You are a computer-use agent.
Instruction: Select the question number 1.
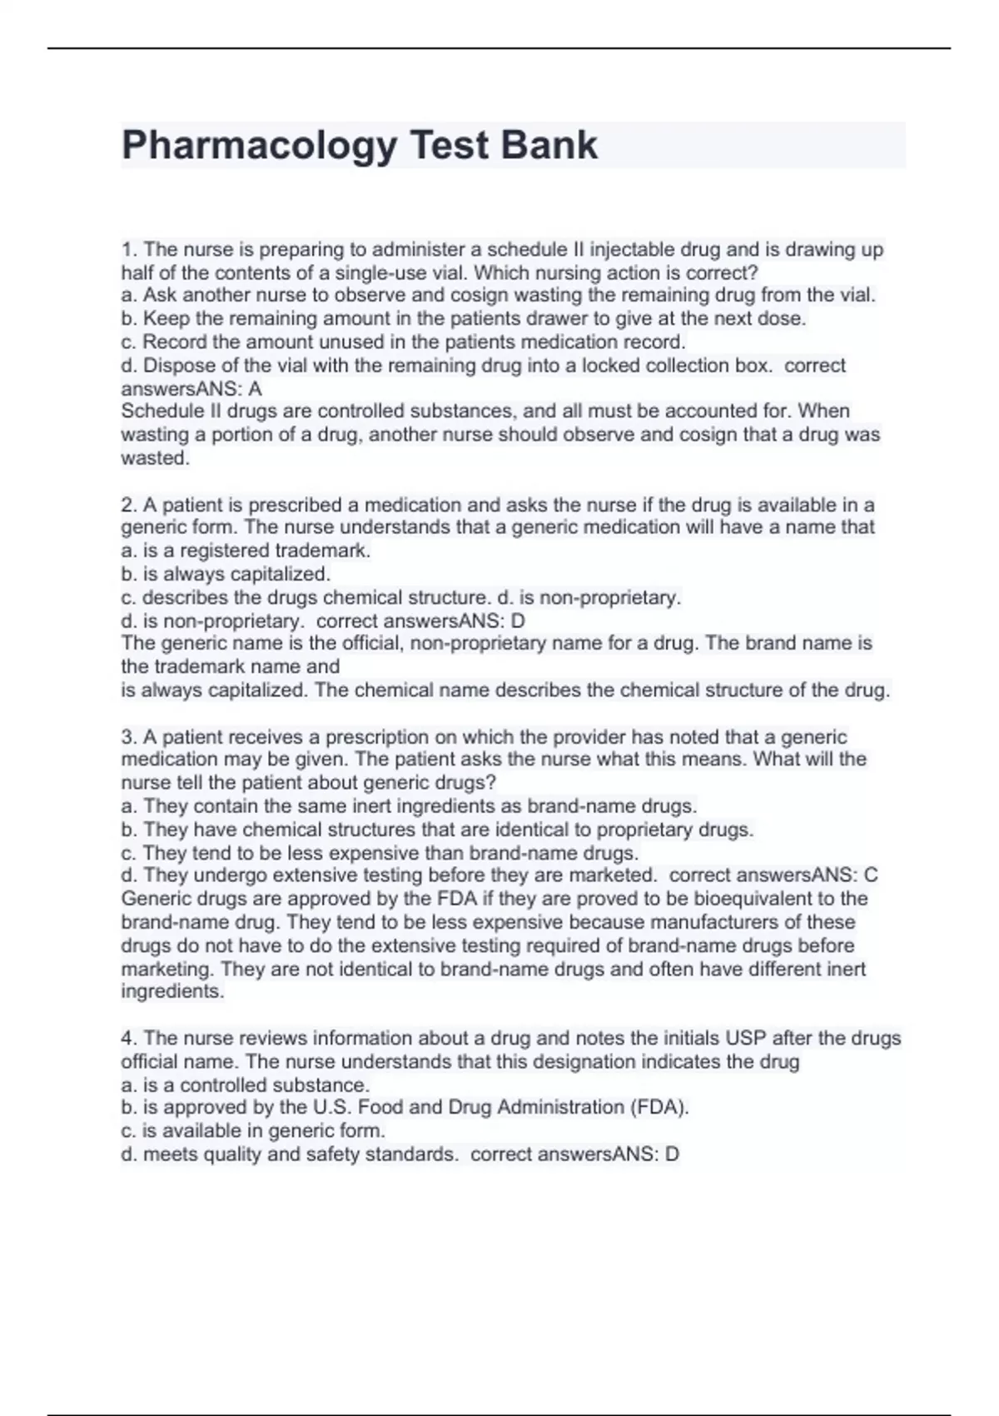[127, 250]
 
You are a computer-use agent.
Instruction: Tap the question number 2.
[128, 505]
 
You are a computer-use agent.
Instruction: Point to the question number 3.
[128, 737]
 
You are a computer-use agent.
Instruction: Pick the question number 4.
[128, 1038]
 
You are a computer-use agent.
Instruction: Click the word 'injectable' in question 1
[633, 250]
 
